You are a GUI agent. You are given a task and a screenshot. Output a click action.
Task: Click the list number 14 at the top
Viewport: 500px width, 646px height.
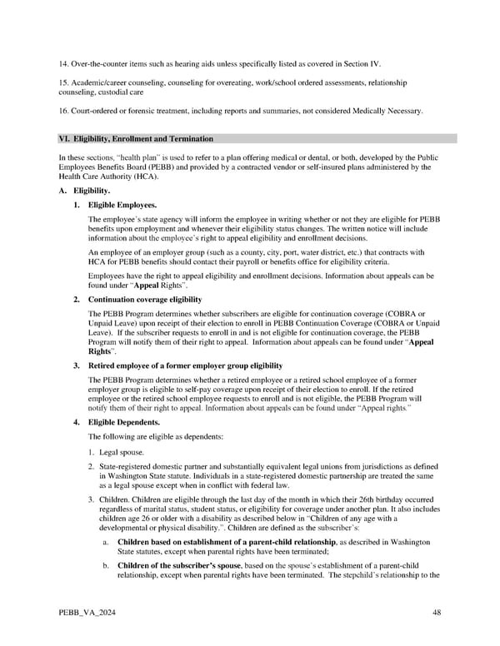click(x=63, y=62)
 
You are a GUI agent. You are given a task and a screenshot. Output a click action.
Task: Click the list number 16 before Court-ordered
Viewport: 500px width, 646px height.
click(x=63, y=111)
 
